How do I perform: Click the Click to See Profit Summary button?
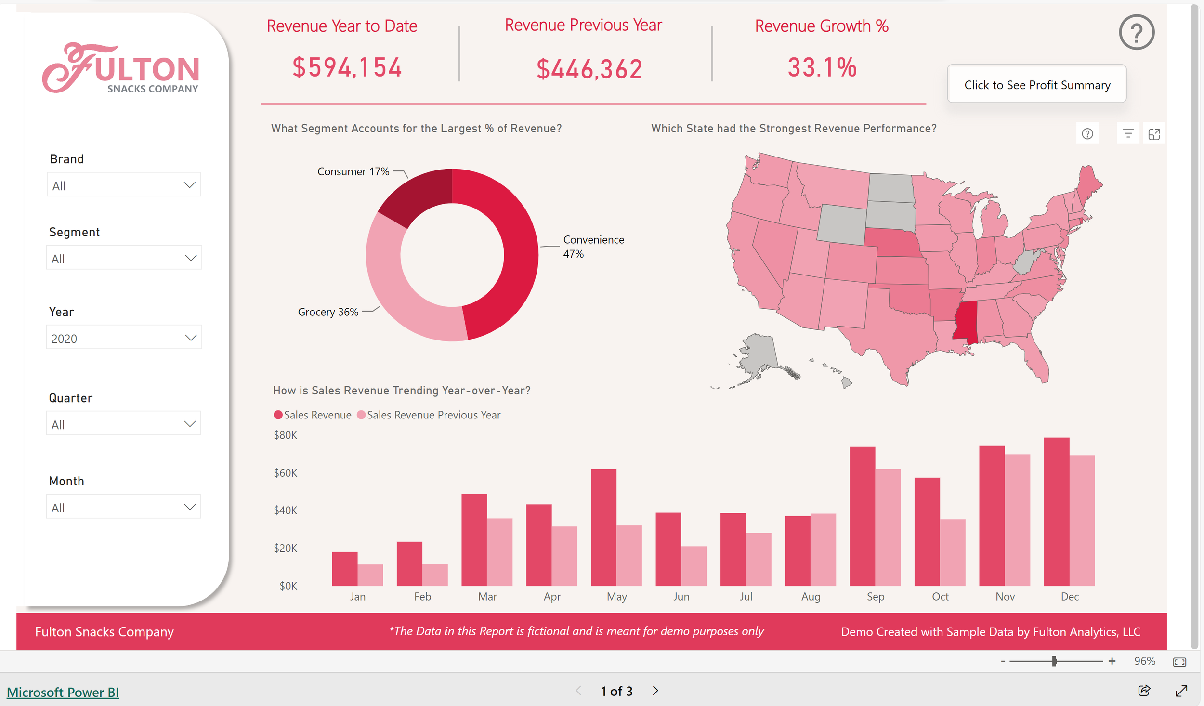coord(1036,85)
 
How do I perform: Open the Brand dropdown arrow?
coord(189,185)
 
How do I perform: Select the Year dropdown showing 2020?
coord(123,338)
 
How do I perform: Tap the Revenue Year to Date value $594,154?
coord(347,67)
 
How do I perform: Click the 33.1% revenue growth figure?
coord(822,67)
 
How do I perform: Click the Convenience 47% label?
coord(593,246)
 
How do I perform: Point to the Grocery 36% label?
coord(328,312)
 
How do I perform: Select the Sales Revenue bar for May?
coord(603,527)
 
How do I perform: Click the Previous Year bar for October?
coord(952,552)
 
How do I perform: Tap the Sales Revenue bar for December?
coord(1056,511)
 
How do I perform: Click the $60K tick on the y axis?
coord(285,473)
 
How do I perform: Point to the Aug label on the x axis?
coord(810,597)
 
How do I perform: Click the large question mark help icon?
coord(1136,32)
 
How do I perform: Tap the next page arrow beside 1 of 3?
coord(655,691)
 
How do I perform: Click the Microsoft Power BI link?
coord(63,692)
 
